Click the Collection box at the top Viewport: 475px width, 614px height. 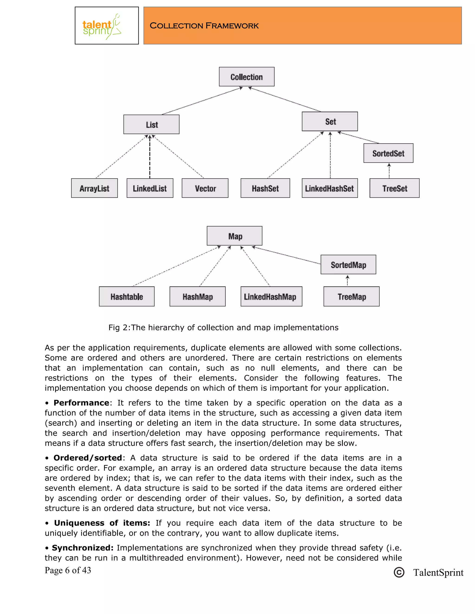[247, 77]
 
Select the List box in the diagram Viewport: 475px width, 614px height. [151, 125]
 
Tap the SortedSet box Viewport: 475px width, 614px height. [388, 153]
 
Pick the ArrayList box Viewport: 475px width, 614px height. [94, 188]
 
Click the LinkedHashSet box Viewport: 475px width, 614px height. [330, 188]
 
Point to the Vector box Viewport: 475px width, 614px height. [205, 188]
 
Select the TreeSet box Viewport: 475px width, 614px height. [394, 188]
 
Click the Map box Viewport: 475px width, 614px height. [234, 236]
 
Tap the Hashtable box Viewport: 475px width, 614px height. [127, 296]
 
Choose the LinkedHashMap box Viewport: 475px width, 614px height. [271, 296]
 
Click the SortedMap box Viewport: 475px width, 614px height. [348, 265]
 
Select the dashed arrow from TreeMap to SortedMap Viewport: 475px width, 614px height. [347, 281]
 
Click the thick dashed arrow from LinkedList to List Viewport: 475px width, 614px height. [150, 157]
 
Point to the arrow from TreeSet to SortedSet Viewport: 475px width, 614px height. [389, 171]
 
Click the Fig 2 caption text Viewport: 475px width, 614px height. [223, 328]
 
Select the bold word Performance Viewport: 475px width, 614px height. [81, 403]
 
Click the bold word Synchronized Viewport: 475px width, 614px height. [82, 548]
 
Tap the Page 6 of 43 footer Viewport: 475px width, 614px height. [68, 570]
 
